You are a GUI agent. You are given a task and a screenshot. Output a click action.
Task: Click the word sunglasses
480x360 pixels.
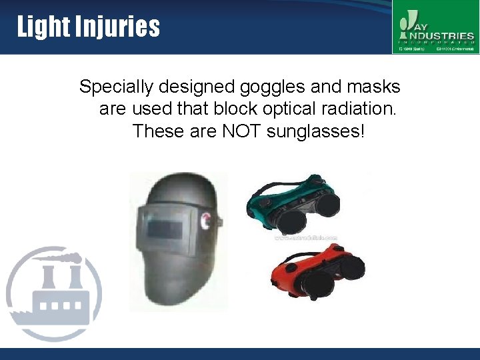tap(315, 131)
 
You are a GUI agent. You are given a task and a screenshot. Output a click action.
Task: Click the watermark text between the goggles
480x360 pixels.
tap(305, 237)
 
